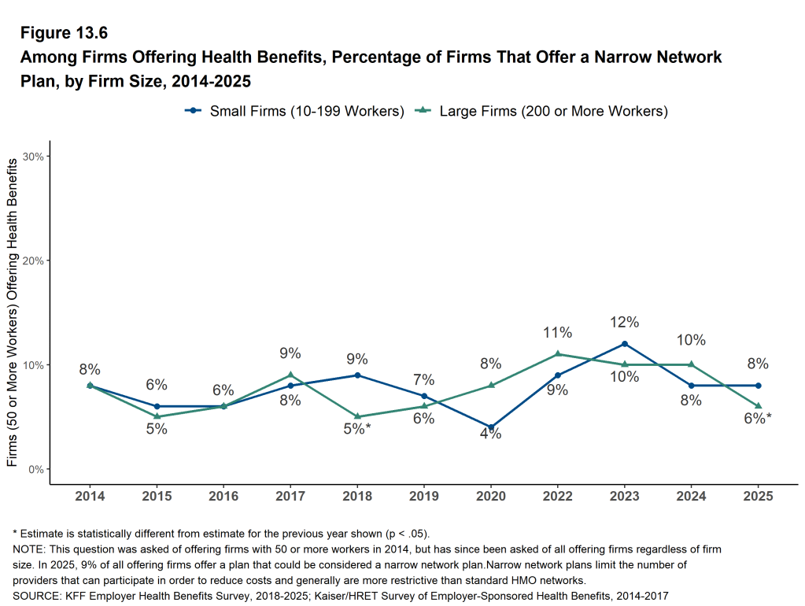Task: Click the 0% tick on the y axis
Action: tap(36, 470)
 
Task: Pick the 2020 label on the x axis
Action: tap(491, 497)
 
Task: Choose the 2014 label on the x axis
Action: tap(90, 497)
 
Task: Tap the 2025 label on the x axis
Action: tap(758, 497)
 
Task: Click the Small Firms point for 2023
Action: tap(625, 344)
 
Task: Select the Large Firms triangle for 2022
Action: tap(558, 354)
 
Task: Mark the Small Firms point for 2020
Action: tap(491, 427)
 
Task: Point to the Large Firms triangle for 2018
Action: tap(357, 416)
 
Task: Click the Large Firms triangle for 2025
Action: tap(758, 406)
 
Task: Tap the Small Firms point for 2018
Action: tap(357, 375)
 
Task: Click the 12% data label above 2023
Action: tap(625, 322)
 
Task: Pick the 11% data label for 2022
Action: tap(558, 333)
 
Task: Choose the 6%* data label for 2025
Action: tap(758, 419)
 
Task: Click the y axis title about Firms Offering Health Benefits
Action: tap(13, 312)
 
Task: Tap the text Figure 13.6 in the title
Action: tap(63, 33)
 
